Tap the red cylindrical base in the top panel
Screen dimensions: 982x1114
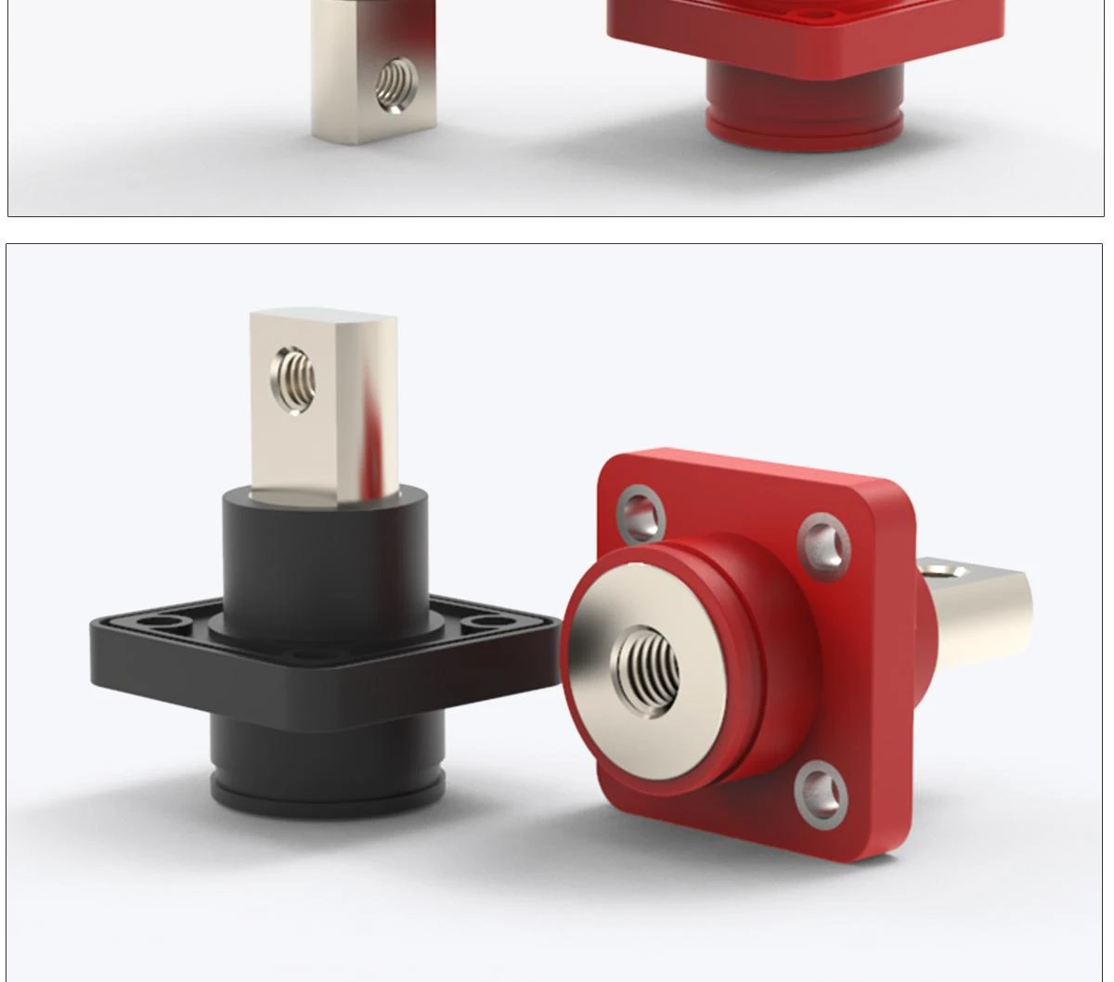pyautogui.click(x=803, y=93)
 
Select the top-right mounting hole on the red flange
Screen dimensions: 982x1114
pyautogui.click(x=823, y=544)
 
